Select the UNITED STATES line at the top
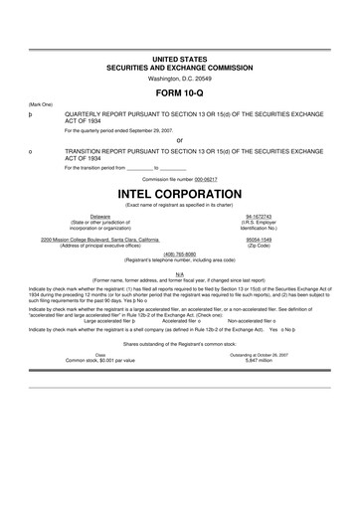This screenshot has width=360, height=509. click(x=179, y=59)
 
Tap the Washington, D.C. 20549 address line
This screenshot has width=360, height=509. click(x=179, y=77)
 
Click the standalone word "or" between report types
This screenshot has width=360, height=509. click(x=179, y=140)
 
